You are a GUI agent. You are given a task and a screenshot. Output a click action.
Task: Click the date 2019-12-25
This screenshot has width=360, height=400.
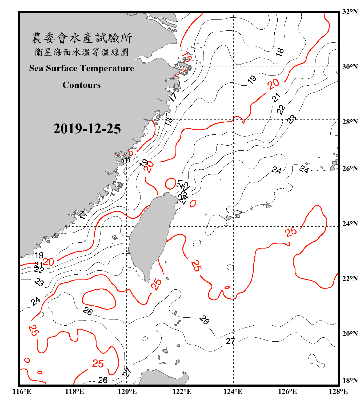point(87,129)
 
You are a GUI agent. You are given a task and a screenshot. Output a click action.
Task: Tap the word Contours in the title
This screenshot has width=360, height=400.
point(82,85)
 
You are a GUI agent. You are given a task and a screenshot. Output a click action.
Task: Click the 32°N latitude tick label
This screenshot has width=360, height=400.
point(350,12)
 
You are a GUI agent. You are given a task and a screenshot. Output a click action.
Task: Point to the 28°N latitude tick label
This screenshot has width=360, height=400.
point(350,122)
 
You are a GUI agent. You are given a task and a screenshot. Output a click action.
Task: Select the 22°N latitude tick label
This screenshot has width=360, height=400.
point(350,279)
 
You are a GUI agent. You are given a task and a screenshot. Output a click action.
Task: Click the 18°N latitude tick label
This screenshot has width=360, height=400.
point(350,381)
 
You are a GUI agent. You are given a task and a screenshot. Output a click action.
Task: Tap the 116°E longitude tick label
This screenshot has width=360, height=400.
point(22,391)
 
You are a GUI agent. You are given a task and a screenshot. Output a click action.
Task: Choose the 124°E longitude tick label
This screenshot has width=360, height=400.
point(233,391)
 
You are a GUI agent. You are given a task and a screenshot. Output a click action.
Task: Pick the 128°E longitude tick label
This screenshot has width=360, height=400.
point(338,391)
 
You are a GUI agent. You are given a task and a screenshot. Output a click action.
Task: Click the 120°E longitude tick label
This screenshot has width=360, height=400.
point(127,391)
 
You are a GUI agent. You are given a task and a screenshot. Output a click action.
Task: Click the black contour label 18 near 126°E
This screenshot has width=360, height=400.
point(280,52)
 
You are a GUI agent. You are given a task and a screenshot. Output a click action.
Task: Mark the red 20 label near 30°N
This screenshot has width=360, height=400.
point(274,84)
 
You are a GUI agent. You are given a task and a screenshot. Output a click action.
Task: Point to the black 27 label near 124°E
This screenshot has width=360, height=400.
point(231,341)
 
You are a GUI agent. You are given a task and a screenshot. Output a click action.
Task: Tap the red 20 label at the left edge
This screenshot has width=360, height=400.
point(48,262)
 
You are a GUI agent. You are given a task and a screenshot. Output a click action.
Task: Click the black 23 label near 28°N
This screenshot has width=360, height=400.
point(291,119)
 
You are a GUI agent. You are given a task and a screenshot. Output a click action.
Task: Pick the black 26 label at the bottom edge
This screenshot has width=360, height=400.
point(103,380)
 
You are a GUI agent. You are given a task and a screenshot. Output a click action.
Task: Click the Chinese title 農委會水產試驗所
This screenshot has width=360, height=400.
point(82,38)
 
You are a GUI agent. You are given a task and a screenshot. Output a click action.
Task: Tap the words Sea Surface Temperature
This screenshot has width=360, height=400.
point(82,68)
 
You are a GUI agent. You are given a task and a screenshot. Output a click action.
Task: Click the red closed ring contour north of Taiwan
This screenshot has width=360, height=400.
point(170,184)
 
